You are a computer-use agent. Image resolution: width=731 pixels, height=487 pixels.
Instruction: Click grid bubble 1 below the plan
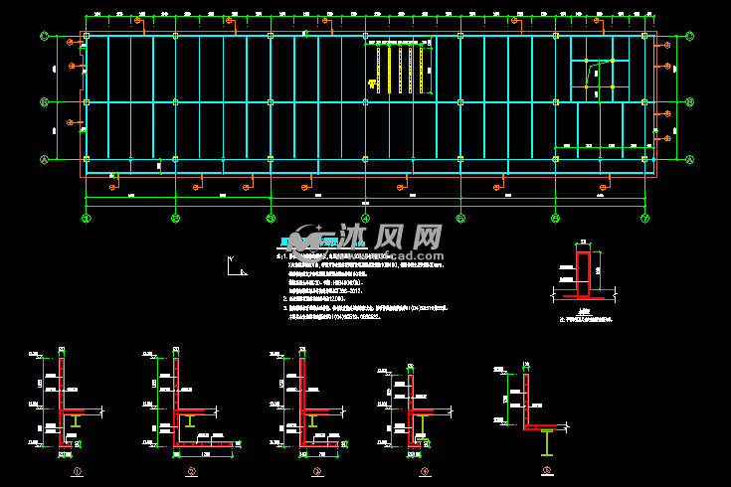[87, 219]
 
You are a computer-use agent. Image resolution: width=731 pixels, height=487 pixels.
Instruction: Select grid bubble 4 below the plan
[365, 219]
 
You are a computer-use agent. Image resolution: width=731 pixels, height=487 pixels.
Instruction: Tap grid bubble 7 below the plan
[644, 219]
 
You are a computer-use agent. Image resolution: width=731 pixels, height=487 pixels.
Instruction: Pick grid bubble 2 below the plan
[176, 219]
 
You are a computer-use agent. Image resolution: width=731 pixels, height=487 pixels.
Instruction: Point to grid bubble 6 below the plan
[555, 219]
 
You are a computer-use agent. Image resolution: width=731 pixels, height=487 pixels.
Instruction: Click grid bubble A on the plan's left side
[44, 159]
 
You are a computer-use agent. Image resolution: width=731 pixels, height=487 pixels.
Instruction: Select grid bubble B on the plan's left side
[44, 101]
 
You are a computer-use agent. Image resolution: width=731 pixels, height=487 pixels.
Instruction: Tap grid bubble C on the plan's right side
[690, 36]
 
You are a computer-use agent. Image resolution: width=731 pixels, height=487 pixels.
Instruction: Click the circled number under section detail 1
[77, 471]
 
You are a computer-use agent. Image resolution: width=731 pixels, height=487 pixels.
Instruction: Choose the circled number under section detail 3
[316, 471]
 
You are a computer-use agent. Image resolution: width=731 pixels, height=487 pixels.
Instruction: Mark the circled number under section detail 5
[546, 471]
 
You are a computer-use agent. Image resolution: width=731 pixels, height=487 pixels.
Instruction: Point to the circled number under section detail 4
[424, 471]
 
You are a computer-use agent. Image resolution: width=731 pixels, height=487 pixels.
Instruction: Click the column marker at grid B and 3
[270, 101]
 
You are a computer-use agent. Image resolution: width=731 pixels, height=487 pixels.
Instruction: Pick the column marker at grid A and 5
[459, 159]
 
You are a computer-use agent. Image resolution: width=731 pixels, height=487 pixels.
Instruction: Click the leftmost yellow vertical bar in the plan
[378, 70]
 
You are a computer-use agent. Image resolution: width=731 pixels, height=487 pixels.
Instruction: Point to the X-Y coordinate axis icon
[236, 266]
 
